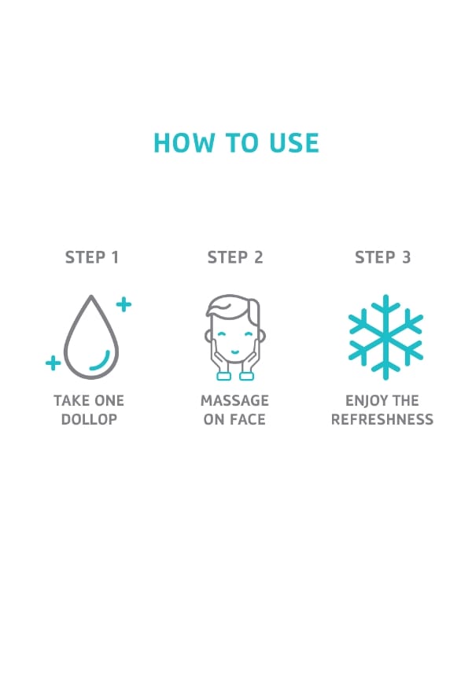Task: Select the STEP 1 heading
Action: [92, 257]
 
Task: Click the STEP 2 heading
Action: [235, 257]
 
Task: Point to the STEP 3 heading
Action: [382, 257]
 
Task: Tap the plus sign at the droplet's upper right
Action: [124, 304]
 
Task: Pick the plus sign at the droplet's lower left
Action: [53, 363]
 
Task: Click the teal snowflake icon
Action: [385, 337]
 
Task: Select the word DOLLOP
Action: [89, 420]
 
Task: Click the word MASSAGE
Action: [234, 400]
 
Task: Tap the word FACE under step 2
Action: [247, 420]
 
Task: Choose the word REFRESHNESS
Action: [382, 420]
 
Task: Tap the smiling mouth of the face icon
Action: [234, 352]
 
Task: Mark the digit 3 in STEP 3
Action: [406, 257]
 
